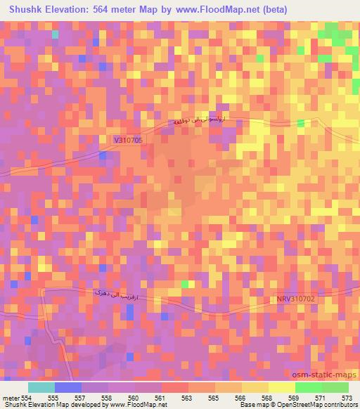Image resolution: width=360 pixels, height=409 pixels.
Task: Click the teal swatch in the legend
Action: coord(41,387)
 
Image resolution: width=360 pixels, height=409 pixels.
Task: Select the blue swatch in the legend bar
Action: coord(67,387)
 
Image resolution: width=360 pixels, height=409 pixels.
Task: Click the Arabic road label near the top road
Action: coord(209,122)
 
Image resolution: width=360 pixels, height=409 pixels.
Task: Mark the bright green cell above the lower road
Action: coord(186,284)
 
